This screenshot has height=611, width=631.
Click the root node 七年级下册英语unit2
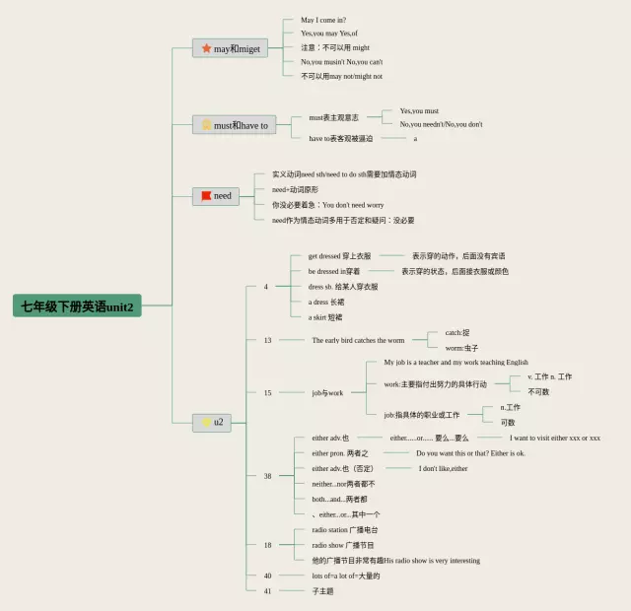pyautogui.click(x=79, y=305)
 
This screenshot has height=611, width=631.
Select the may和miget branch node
pyautogui.click(x=230, y=48)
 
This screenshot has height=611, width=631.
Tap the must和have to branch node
pyautogui.click(x=234, y=125)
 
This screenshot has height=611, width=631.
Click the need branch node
pyautogui.click(x=216, y=195)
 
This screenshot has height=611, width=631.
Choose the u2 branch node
pyautogui.click(x=212, y=422)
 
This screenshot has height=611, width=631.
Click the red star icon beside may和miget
pyautogui.click(x=206, y=48)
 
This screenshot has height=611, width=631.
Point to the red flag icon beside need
pyautogui.click(x=205, y=195)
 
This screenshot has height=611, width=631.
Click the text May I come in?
pyautogui.click(x=323, y=20)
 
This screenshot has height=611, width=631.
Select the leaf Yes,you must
pyautogui.click(x=419, y=111)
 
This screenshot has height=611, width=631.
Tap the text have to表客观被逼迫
pyautogui.click(x=340, y=138)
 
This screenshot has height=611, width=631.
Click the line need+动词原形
pyautogui.click(x=295, y=189)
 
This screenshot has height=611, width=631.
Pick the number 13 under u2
pyautogui.click(x=267, y=340)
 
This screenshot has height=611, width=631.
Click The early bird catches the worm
pyautogui.click(x=358, y=340)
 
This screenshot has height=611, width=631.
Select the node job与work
pyautogui.click(x=327, y=392)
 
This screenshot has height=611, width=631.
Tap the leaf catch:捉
pyautogui.click(x=457, y=332)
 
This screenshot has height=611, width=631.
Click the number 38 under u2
pyautogui.click(x=267, y=476)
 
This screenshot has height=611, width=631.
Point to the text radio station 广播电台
pyautogui.click(x=344, y=529)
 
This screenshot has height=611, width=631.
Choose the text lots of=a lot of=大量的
pyautogui.click(x=345, y=576)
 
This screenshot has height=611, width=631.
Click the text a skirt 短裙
pyautogui.click(x=324, y=316)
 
